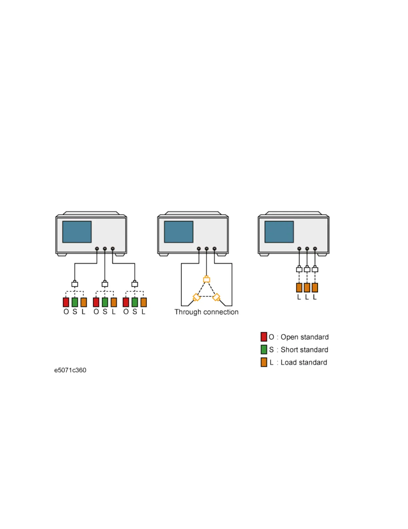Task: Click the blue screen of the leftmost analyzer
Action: click(77, 232)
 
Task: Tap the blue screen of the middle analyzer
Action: click(179, 232)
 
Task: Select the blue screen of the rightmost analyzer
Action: click(279, 232)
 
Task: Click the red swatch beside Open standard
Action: click(264, 337)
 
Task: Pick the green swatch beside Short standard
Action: click(264, 349)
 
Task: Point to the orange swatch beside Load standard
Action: click(264, 362)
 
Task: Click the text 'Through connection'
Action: click(206, 312)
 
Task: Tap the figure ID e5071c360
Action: click(70, 370)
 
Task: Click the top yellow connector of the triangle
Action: click(207, 279)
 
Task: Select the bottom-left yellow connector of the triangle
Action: click(196, 297)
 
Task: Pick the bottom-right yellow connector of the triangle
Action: click(217, 297)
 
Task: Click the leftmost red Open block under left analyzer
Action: click(66, 302)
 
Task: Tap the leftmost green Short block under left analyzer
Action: click(75, 302)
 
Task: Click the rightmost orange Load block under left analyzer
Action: click(144, 302)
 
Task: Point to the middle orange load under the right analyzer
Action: click(307, 288)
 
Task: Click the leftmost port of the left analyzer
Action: click(97, 249)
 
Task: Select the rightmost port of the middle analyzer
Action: click(214, 249)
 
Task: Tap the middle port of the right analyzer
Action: click(307, 249)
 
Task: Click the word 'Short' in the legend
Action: click(289, 350)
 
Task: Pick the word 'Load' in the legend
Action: click(288, 362)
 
